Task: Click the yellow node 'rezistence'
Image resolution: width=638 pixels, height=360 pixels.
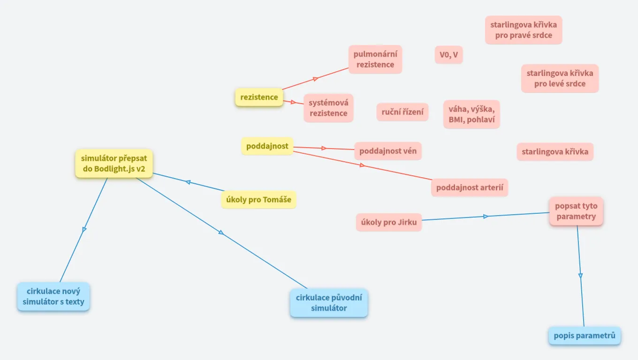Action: pos(259,97)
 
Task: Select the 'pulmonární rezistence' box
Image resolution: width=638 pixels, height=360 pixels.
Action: pos(375,60)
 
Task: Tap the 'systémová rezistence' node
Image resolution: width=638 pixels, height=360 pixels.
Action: pos(328,108)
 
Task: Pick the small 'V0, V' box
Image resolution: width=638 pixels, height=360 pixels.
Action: pos(448,55)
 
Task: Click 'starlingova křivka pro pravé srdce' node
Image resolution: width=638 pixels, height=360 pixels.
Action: pos(523,30)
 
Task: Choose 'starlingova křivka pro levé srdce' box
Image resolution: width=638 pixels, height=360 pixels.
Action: pos(560,78)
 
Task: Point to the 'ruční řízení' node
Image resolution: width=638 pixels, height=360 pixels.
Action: pos(402,112)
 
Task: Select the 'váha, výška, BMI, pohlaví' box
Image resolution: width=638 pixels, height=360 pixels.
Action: pos(471,114)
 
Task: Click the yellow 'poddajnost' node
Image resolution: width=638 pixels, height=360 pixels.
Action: pos(267,146)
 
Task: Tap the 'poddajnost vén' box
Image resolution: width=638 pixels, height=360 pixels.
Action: pos(387,151)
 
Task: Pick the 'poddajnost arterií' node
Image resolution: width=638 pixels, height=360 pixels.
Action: pos(470,187)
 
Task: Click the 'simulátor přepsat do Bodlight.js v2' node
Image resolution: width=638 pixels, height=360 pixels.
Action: pos(114,164)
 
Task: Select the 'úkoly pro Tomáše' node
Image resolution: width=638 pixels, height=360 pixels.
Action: pos(258,200)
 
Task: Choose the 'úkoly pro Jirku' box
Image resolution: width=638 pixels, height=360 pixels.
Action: pos(389,222)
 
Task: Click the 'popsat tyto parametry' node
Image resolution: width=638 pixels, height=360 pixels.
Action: pos(576,211)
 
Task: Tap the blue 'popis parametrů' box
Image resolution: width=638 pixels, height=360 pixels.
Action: pos(584,336)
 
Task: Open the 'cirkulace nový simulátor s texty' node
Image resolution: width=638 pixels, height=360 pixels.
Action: pos(53,296)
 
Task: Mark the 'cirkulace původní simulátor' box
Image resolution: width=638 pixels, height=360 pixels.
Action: pos(328,303)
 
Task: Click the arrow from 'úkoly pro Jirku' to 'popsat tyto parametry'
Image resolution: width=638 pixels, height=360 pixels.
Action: pos(486,216)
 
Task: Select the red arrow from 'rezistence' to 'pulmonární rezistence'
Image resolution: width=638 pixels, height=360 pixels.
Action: pos(316,78)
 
